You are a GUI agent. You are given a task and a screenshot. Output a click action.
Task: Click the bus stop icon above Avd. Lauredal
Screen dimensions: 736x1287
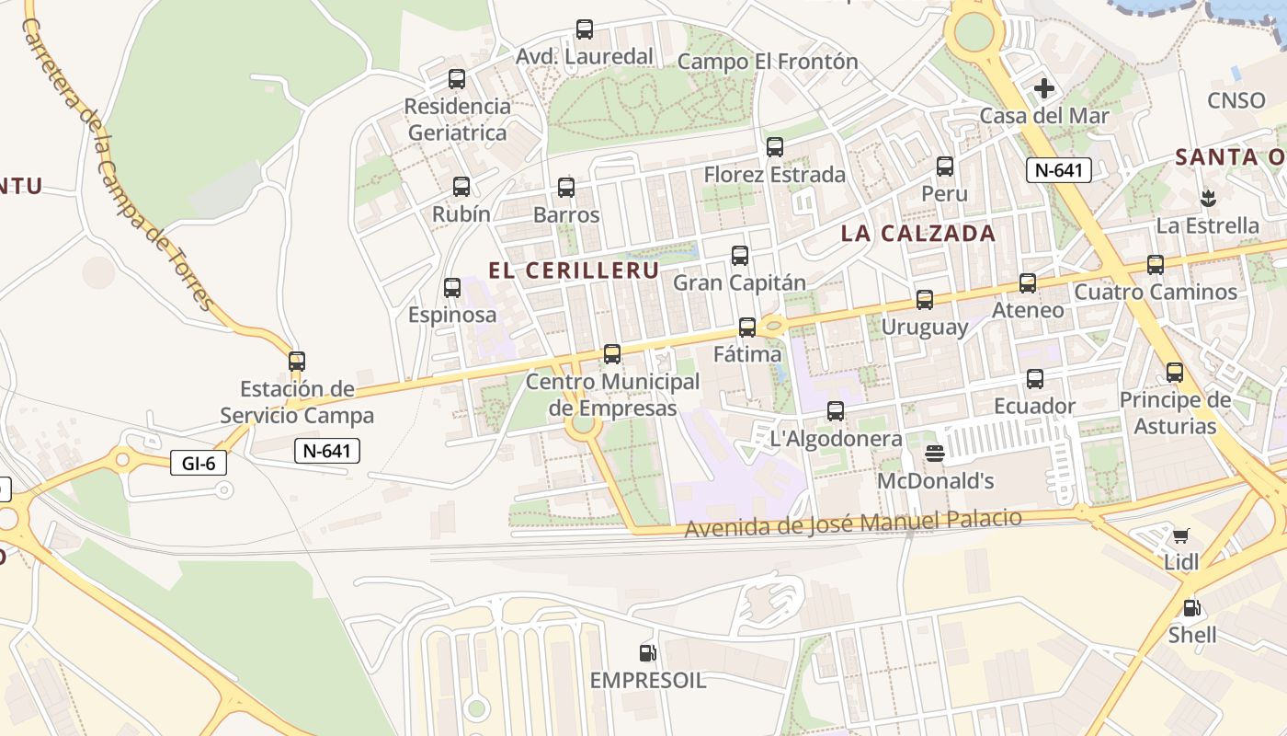tap(585, 29)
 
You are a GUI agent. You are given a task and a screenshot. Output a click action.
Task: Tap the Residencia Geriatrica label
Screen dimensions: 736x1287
tap(457, 119)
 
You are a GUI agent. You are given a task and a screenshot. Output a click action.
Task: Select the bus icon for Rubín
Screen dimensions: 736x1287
tap(461, 187)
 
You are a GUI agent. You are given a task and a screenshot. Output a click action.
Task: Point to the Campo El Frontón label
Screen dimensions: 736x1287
tap(768, 62)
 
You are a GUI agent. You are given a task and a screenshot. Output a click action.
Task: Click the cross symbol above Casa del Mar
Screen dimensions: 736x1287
tap(1044, 88)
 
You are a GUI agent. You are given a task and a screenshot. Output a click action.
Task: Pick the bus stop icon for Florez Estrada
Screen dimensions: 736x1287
tap(775, 147)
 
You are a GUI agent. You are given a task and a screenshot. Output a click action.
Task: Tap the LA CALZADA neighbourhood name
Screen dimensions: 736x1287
tap(918, 234)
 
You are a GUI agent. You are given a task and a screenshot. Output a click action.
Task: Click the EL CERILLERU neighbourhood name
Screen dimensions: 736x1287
tap(574, 270)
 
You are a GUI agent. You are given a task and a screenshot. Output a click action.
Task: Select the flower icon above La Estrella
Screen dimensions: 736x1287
tap(1208, 198)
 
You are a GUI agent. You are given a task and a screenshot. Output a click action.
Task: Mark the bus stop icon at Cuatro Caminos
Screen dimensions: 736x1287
tap(1156, 265)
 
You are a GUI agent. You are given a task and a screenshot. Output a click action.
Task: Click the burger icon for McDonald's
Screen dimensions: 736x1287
tap(935, 454)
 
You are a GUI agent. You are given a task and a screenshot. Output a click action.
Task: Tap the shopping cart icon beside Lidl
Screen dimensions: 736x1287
tap(1181, 535)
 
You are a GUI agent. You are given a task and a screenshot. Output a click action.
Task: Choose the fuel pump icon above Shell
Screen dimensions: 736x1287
tap(1191, 607)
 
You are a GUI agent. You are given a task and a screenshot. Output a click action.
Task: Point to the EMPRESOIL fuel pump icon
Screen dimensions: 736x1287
tap(648, 653)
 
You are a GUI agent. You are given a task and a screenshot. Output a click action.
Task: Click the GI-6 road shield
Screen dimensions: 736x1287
tap(199, 464)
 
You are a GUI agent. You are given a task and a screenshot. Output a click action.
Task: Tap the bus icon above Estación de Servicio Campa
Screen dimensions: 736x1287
tap(297, 362)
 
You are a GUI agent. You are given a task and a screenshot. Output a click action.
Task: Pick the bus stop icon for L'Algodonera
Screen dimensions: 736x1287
tap(836, 411)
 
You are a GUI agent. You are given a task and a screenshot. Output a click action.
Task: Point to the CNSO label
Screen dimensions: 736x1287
tap(1236, 100)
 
